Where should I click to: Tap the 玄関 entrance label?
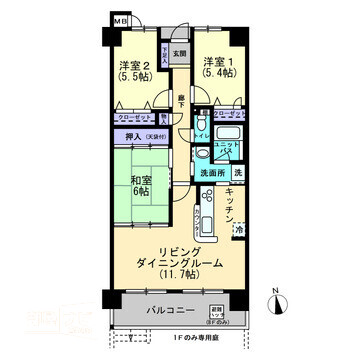click(178, 53)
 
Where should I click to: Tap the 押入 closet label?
click(133, 136)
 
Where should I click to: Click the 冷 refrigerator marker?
click(240, 230)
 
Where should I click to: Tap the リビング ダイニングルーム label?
click(179, 261)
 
